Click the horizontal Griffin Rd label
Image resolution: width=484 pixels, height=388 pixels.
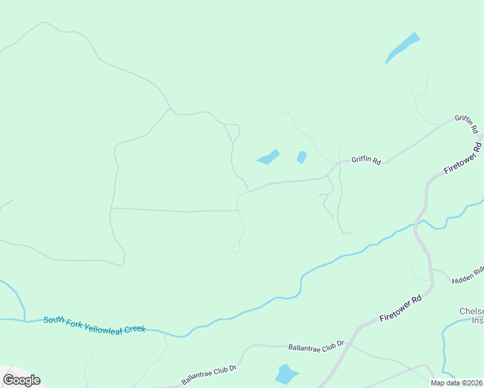coord(366,160)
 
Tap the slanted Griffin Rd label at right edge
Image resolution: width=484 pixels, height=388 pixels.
coord(467,123)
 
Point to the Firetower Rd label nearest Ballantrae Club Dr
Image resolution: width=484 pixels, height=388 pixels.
coord(401,307)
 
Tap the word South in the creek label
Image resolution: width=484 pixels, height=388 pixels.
coord(55,320)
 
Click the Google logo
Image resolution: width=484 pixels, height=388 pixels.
coord(22,380)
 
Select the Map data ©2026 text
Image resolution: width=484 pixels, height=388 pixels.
coord(457,383)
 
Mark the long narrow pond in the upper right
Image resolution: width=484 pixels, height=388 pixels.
coord(402,48)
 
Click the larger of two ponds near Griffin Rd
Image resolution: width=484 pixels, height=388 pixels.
coord(269,157)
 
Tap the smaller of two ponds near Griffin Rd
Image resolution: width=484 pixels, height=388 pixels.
coord(302,157)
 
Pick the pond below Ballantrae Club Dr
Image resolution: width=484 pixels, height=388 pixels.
coord(285,374)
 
